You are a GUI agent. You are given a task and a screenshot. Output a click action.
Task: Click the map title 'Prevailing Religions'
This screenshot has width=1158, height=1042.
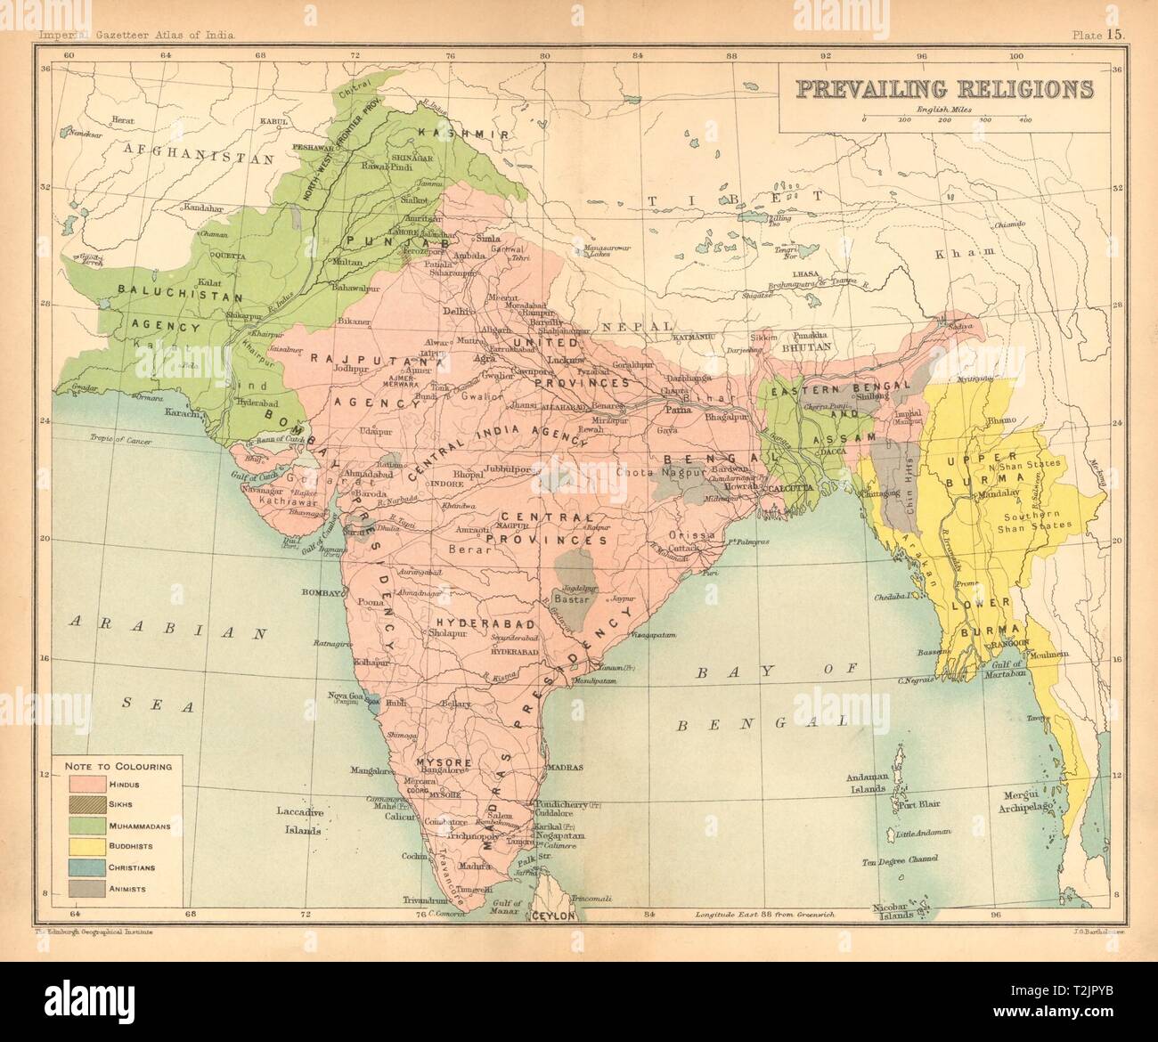(x=944, y=89)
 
